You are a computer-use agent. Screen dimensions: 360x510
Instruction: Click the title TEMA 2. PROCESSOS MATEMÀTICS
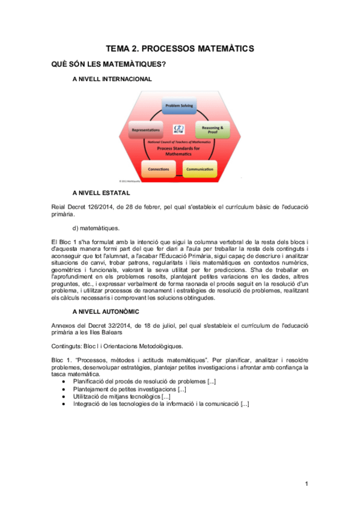point(180,49)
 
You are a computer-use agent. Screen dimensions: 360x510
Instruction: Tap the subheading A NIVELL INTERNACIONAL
point(112,79)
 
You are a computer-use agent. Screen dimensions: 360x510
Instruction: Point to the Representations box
point(145,129)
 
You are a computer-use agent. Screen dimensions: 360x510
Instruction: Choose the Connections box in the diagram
point(158,169)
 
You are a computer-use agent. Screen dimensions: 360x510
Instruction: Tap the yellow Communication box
point(200,170)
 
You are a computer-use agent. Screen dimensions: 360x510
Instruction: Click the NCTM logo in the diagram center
point(178,129)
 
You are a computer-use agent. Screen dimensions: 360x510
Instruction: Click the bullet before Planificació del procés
point(64,381)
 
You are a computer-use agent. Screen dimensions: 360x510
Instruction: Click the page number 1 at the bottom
point(306,484)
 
